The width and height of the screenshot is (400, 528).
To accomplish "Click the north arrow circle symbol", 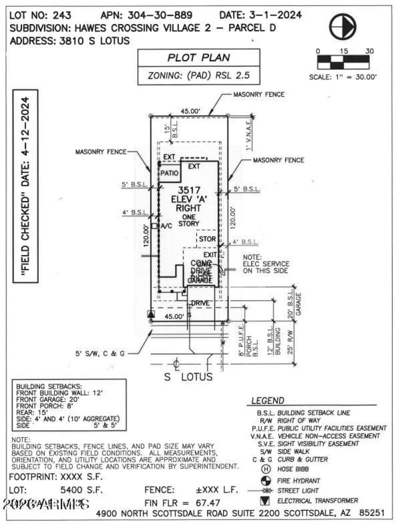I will coord(343,26).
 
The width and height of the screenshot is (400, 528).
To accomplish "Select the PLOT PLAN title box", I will coord(198,57).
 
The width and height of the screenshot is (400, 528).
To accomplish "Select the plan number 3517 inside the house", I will coord(189,190).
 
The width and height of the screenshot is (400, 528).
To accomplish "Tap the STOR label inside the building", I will coord(207,239).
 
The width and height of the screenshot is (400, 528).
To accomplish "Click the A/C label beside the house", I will coord(166,226).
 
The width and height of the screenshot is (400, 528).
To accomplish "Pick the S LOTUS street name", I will coord(189,377).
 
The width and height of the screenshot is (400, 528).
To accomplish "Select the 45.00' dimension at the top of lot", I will coord(190,111).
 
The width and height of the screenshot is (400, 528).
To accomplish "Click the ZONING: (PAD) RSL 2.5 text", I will coord(198,76).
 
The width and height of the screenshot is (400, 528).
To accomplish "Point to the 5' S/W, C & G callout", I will coord(99,353).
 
